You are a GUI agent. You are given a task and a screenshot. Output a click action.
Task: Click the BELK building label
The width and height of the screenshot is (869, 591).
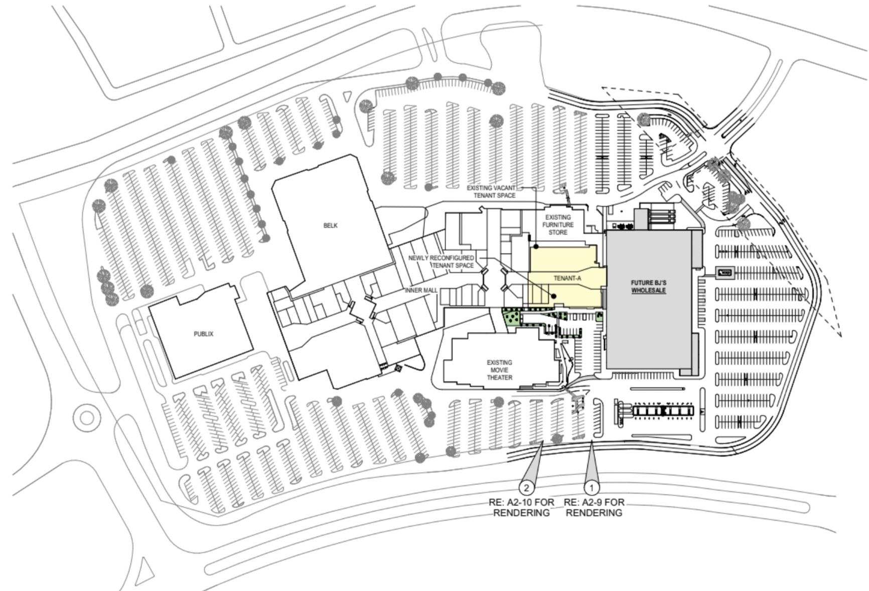(x=330, y=226)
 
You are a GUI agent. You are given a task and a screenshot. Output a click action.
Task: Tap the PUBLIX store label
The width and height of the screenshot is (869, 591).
(x=203, y=334)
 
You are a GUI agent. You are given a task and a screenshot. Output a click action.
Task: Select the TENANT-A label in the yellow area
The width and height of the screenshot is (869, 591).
(x=567, y=278)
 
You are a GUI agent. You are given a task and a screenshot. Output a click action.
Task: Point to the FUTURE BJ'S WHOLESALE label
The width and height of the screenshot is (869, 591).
(x=648, y=286)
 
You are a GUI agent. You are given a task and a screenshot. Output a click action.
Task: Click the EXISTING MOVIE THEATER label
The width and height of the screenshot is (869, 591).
(x=499, y=370)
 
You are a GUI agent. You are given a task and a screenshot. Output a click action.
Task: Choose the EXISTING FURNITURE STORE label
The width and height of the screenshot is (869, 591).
(x=558, y=225)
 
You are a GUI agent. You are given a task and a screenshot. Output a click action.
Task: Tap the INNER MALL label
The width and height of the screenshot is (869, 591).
(x=421, y=290)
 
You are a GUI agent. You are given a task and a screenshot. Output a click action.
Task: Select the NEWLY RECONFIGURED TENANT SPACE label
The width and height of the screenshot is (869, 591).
(x=441, y=261)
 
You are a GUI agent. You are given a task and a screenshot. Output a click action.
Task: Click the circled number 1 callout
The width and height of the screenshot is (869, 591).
(x=592, y=487)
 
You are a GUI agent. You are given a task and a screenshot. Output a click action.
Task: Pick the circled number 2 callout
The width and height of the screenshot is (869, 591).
(x=526, y=487)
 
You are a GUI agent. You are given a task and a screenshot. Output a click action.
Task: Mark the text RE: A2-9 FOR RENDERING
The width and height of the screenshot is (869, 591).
(x=594, y=507)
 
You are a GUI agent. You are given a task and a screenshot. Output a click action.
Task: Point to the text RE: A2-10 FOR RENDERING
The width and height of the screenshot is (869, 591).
(x=521, y=507)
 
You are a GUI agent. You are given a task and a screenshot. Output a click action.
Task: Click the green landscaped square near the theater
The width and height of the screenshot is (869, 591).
(x=511, y=318)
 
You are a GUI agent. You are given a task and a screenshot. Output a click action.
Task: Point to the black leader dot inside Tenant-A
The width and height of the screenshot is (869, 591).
(x=553, y=296)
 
